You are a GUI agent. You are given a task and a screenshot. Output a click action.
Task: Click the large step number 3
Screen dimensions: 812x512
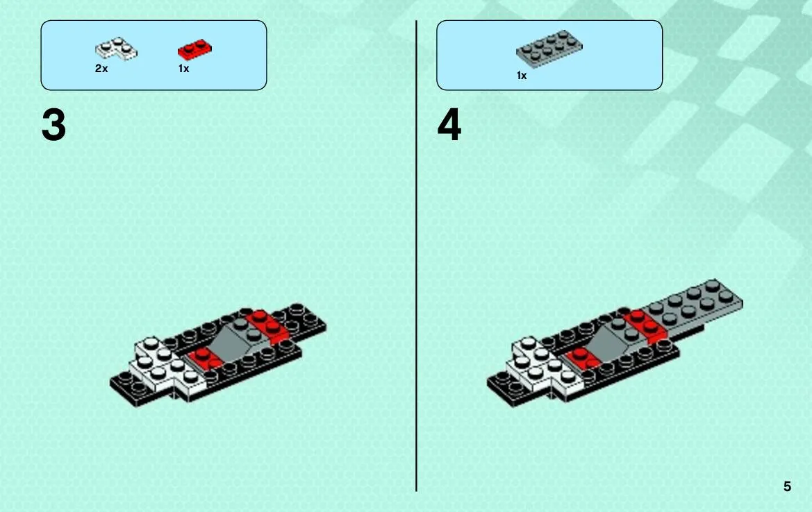tap(54, 125)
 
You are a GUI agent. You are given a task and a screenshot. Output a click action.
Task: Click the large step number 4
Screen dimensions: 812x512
tap(449, 125)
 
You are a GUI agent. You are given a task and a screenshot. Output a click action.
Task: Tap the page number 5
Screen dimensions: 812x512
tap(787, 486)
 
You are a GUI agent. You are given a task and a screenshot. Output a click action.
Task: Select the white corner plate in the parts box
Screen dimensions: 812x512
tap(116, 49)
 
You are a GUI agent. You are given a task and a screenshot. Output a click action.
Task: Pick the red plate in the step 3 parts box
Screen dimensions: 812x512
tap(194, 49)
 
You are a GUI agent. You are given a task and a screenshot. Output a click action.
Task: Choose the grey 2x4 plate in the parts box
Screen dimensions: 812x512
tap(549, 49)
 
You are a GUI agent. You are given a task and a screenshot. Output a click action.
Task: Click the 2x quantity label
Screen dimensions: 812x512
tap(101, 68)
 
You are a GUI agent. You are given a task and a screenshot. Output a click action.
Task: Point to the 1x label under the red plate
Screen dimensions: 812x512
tap(184, 68)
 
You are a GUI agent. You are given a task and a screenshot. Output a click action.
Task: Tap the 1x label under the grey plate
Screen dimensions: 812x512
tap(522, 76)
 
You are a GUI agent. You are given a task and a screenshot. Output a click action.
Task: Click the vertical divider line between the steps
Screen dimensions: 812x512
tap(416, 256)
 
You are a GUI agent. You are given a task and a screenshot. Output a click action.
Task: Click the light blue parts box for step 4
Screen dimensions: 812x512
tap(549, 56)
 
